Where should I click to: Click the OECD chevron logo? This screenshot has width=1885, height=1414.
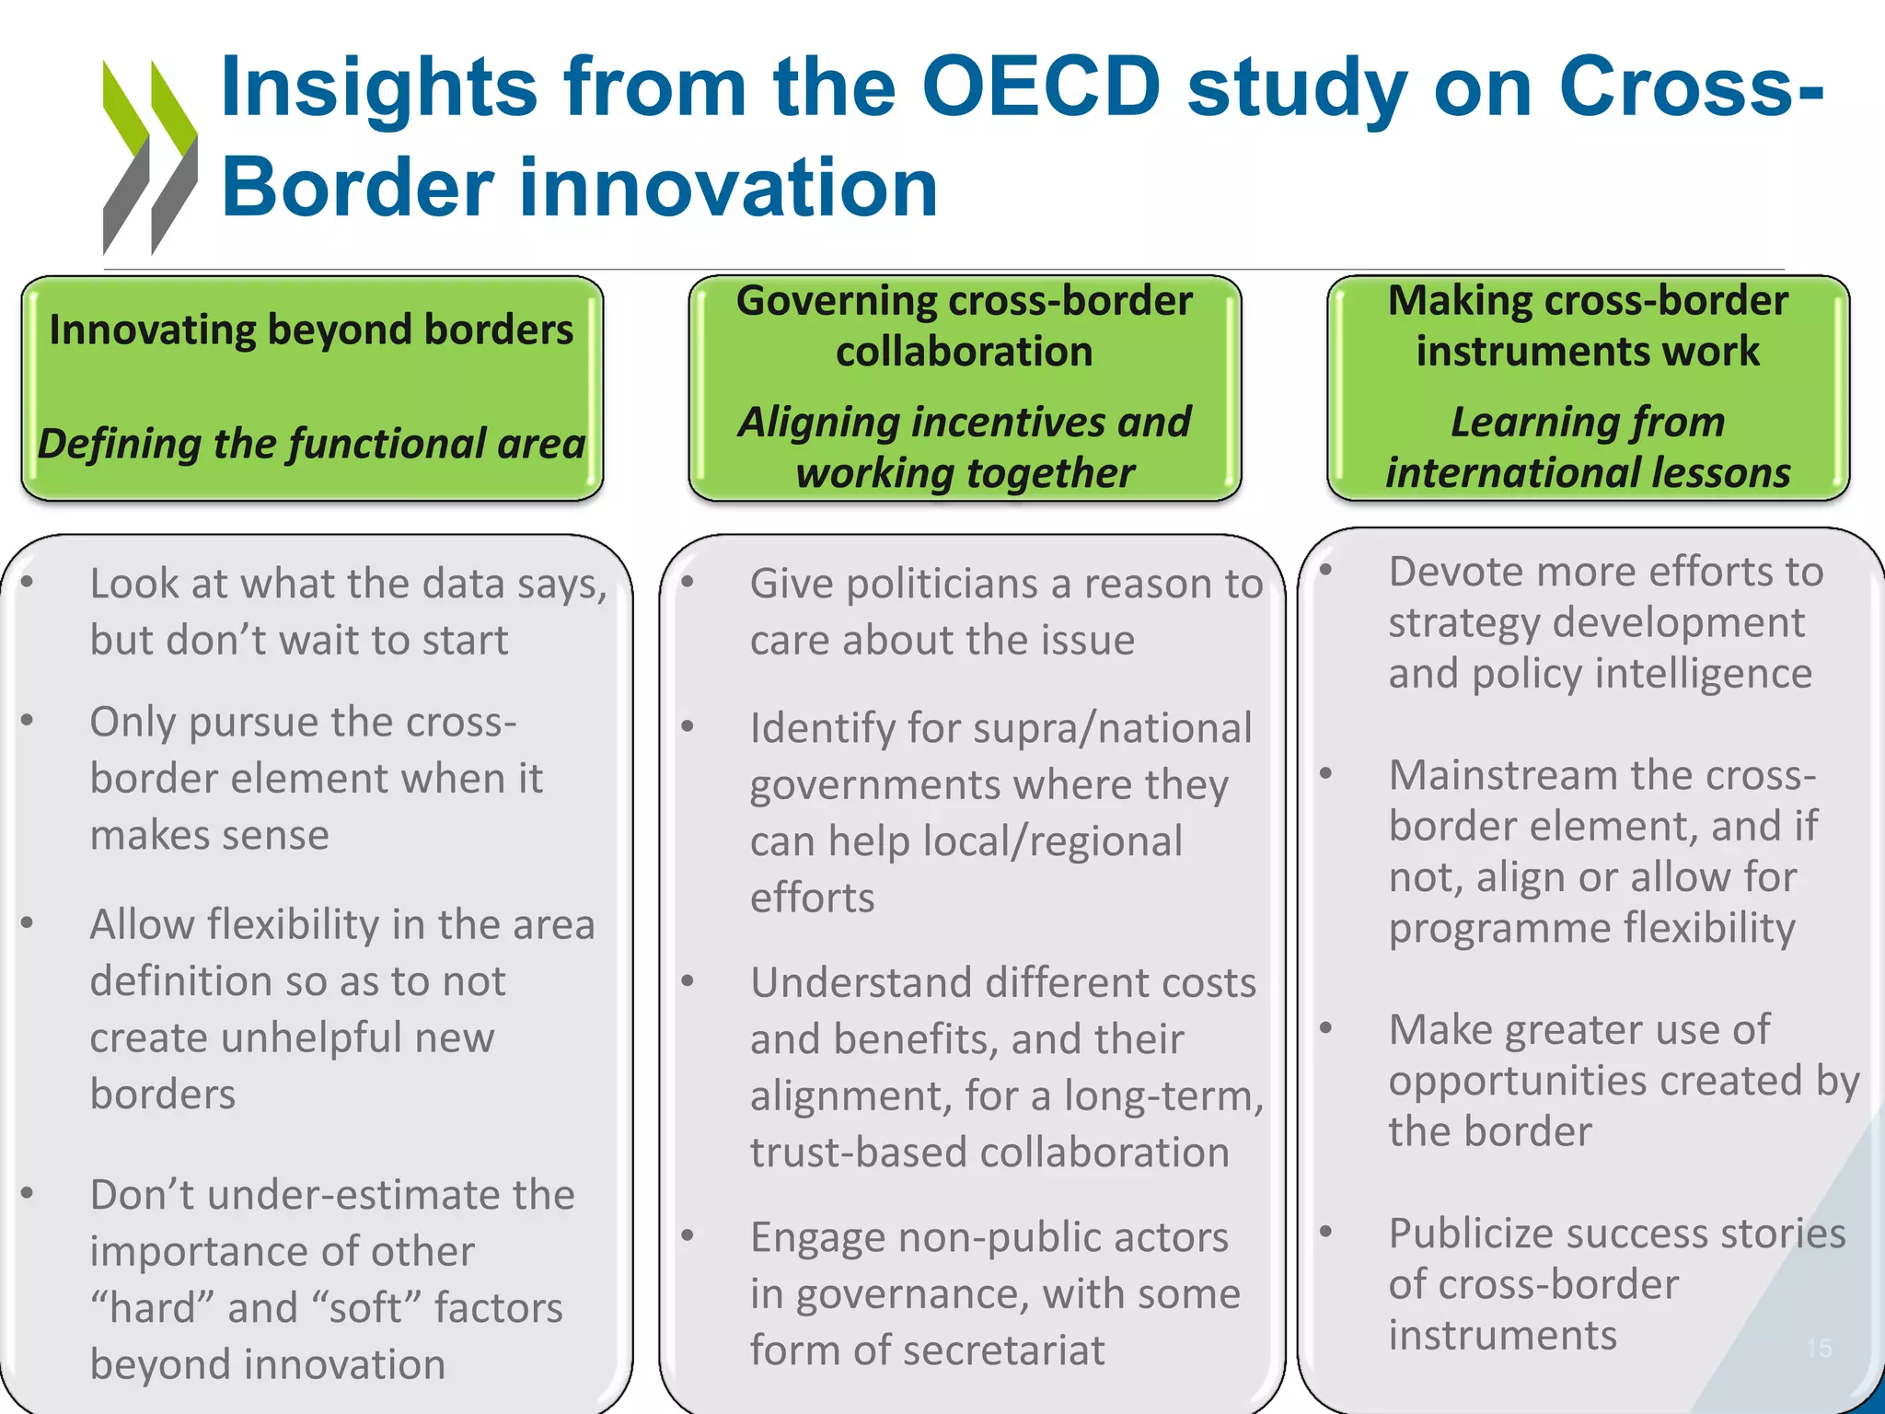pos(150,156)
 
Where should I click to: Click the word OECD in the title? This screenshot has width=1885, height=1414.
pos(1041,87)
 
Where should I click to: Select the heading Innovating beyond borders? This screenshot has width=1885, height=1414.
pos(311,330)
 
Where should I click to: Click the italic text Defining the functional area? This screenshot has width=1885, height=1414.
pos(311,444)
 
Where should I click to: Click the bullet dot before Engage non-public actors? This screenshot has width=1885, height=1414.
pos(688,1235)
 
